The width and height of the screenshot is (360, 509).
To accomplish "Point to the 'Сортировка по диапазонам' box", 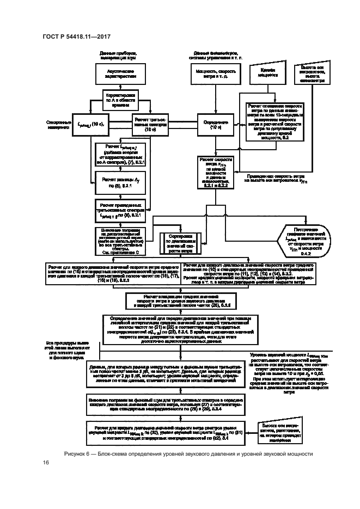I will [x=179, y=239].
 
